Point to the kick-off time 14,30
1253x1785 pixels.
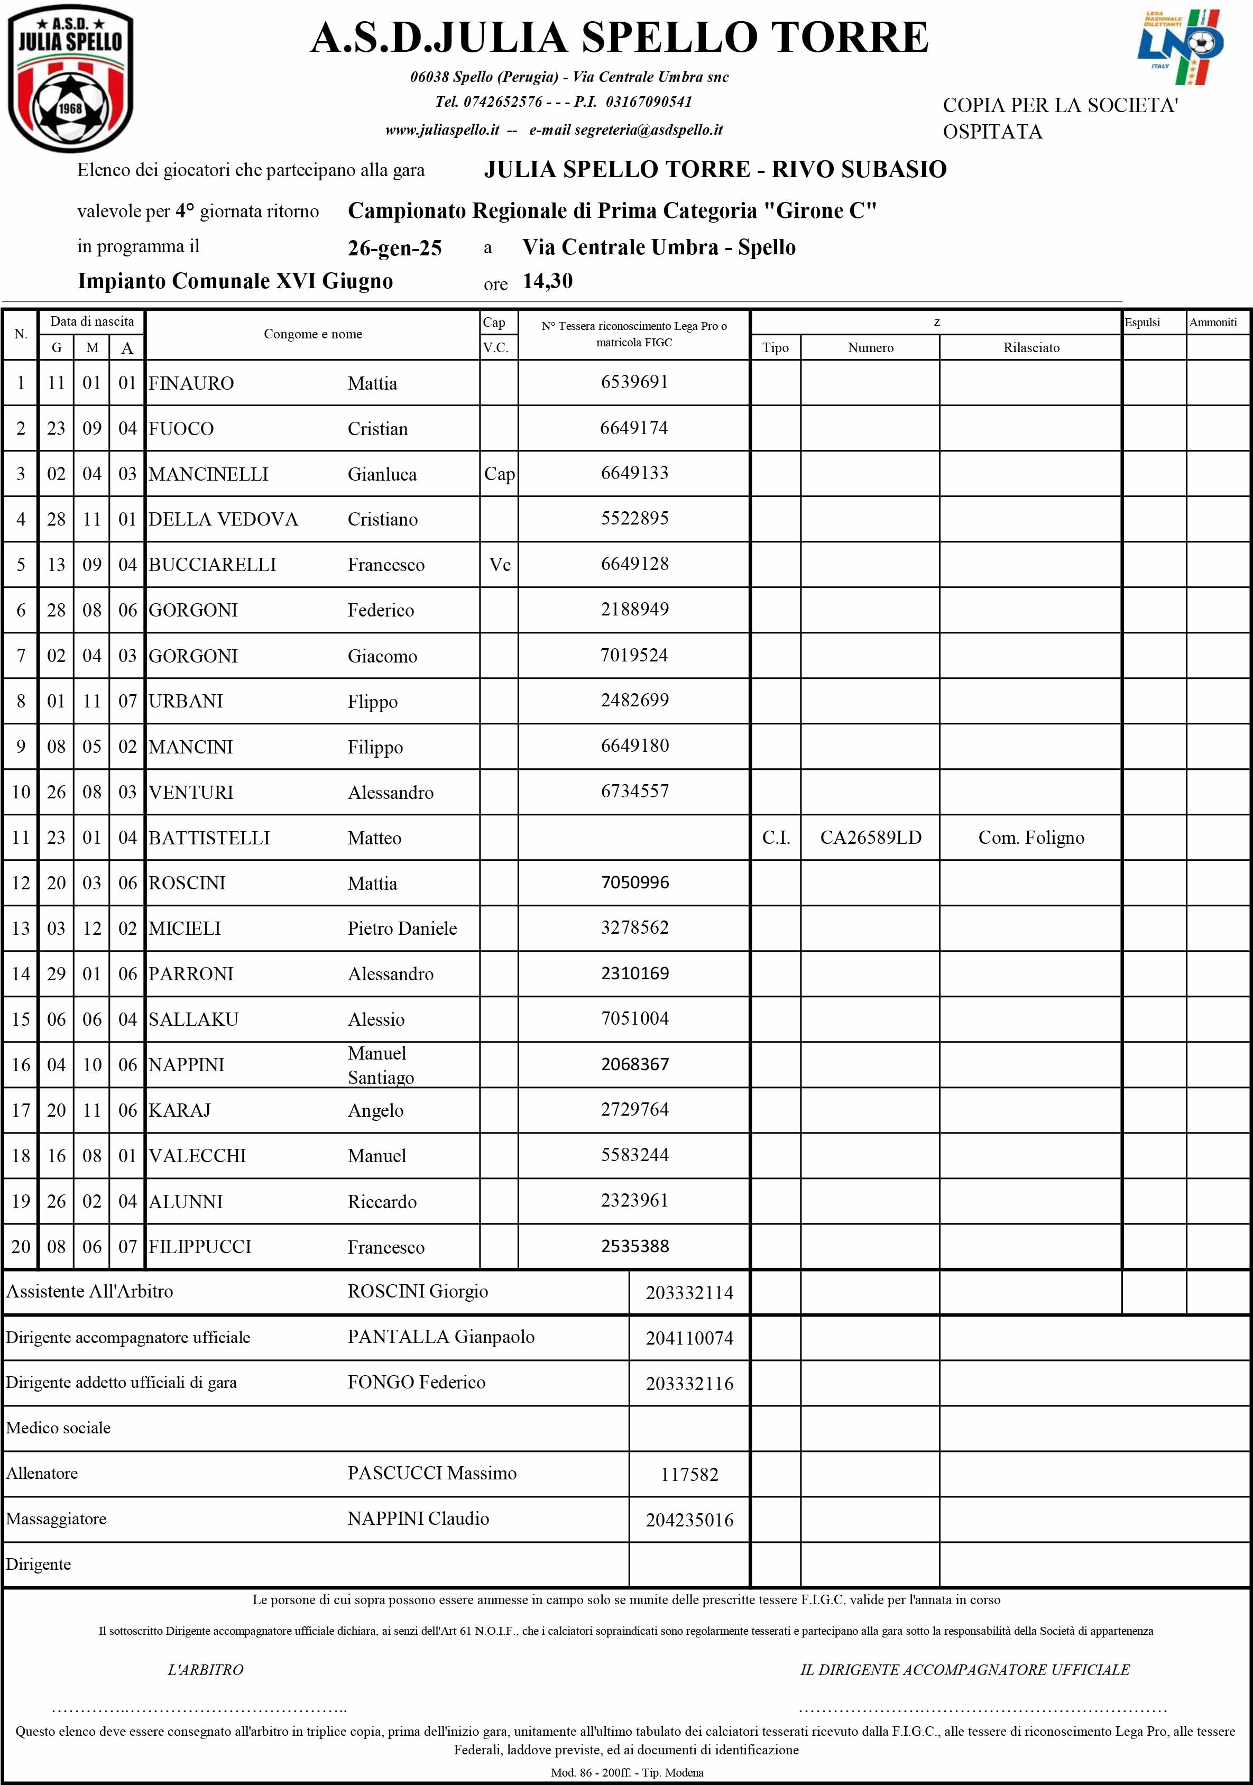point(547,281)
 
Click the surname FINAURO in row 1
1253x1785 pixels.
point(191,383)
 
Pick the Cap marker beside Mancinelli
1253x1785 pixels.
point(499,474)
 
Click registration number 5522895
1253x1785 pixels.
point(634,519)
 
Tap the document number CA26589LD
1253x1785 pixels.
point(871,838)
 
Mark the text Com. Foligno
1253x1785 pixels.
point(1031,838)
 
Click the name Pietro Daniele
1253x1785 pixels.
point(402,929)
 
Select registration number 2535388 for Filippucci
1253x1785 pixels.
point(634,1246)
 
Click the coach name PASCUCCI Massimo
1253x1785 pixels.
point(431,1473)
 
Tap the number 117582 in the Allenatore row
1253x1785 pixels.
point(689,1475)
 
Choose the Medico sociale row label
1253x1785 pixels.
point(58,1428)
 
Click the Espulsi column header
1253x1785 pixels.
point(1142,323)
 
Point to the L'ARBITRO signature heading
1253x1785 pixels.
point(205,1670)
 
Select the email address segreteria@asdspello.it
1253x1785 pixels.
point(648,131)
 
